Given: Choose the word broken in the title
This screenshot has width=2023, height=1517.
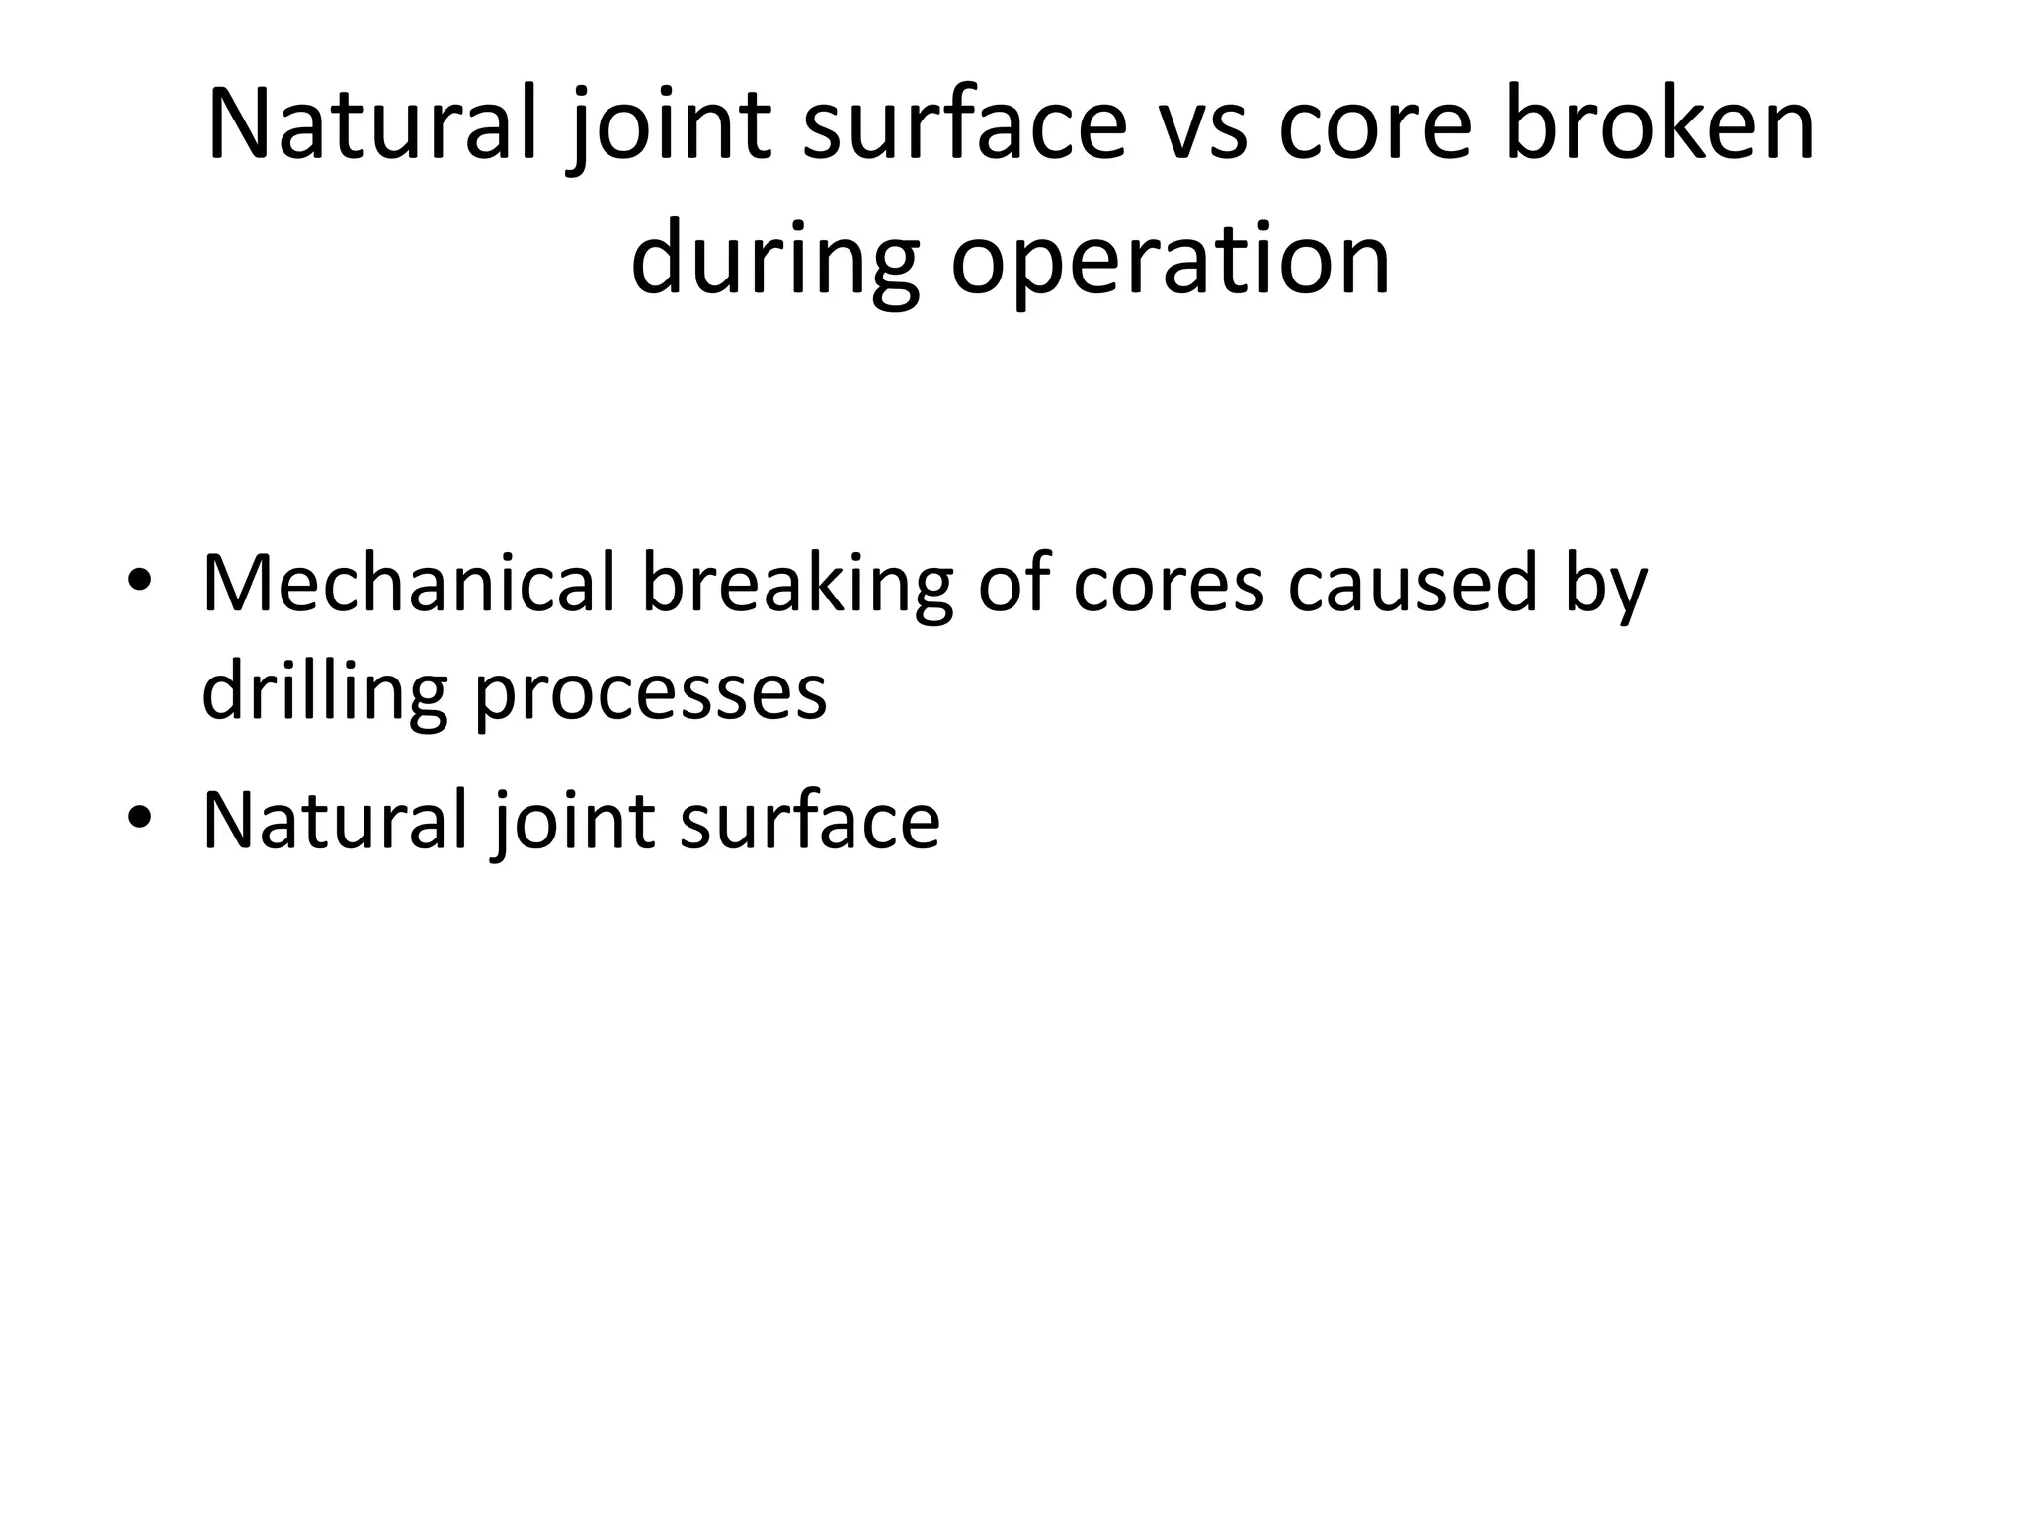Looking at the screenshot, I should point(1659,126).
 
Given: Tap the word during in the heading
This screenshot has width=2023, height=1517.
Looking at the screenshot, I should point(774,260).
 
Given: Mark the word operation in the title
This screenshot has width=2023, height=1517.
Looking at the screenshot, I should point(1171,260).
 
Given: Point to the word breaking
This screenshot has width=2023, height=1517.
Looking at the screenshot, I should point(797,586).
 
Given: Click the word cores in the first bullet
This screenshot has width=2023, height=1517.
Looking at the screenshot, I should point(1168,584).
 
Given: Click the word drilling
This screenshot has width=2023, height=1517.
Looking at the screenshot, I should point(324,690).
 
